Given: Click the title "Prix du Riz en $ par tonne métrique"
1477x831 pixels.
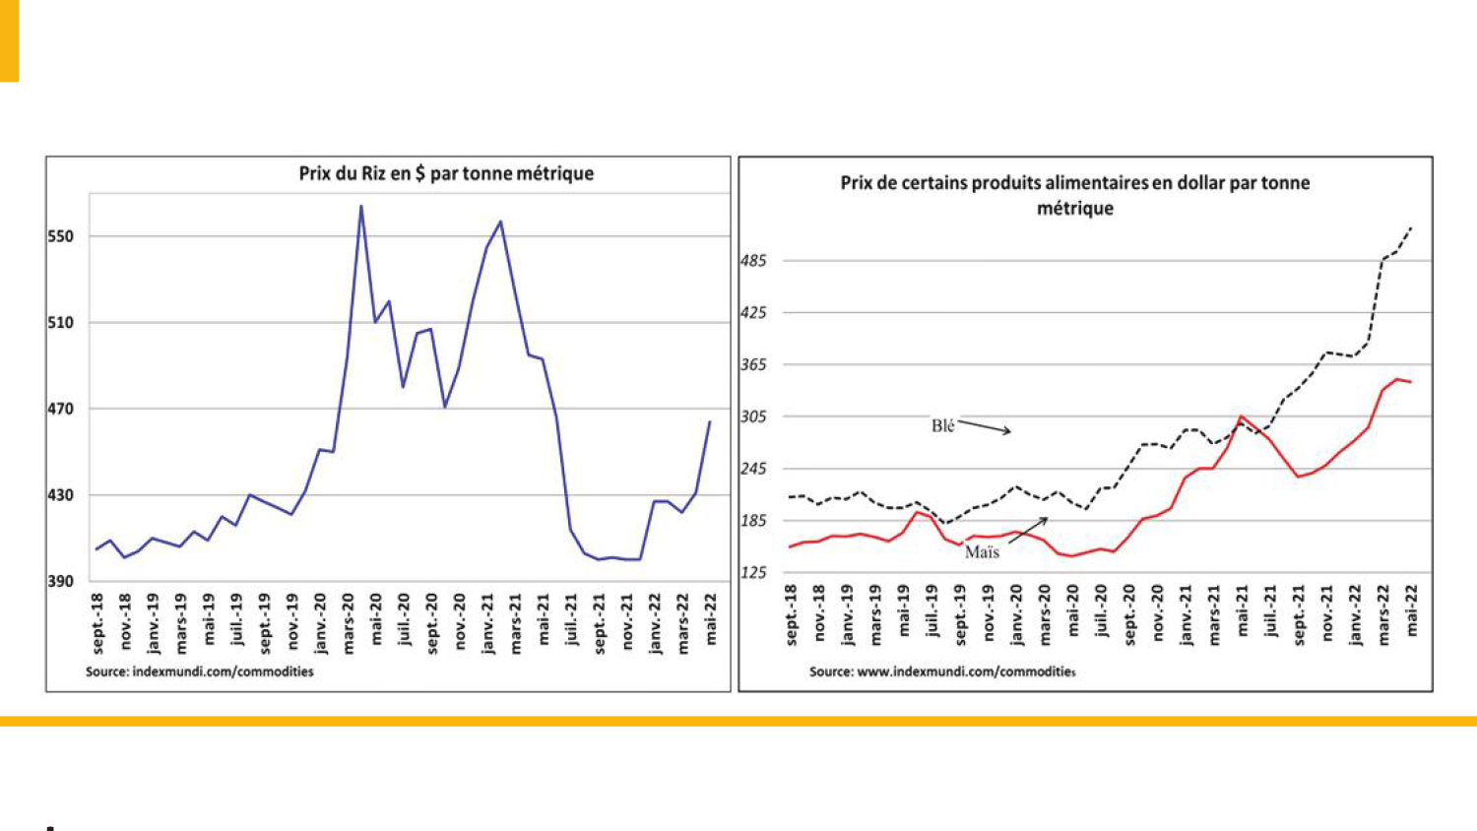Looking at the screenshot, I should coord(446,173).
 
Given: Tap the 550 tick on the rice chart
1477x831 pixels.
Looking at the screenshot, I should coord(61,236).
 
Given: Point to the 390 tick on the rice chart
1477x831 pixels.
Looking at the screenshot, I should coord(61,581).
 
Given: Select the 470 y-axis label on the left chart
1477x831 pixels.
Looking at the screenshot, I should coord(61,409).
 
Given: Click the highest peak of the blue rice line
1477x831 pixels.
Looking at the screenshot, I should coord(361,206).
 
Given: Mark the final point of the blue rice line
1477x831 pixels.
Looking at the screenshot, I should coord(710,421).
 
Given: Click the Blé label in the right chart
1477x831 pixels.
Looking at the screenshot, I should coord(942,425).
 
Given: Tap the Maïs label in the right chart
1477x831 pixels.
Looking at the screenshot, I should coord(982,552).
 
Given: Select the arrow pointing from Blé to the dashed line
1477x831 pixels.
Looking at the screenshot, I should coord(984,427).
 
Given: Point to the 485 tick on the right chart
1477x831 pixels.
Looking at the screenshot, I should coord(753,261).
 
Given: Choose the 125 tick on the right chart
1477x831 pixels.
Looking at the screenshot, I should coord(753,572).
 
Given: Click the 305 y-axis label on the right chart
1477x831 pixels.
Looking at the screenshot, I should coord(753,416).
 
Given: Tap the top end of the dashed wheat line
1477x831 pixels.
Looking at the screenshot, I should coord(1412,227).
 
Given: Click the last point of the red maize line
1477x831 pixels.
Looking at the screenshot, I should coord(1411,382).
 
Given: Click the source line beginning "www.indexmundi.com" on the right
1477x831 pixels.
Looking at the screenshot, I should coord(942,671).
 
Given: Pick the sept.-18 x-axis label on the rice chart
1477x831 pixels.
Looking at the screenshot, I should coord(97,622).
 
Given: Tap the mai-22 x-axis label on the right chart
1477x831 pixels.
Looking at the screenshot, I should coord(1412,609).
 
